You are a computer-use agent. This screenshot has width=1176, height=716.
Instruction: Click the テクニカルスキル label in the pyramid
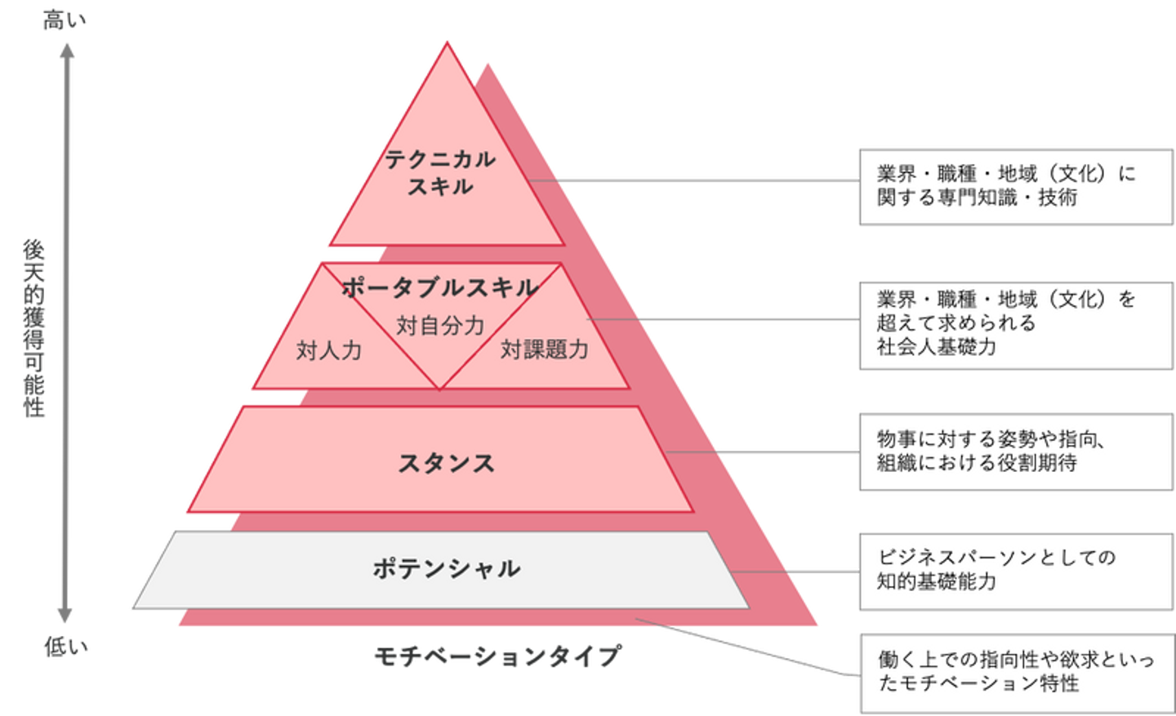pos(440,172)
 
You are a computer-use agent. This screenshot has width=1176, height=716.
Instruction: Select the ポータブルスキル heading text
pos(439,287)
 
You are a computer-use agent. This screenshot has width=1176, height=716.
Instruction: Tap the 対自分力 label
pos(440,326)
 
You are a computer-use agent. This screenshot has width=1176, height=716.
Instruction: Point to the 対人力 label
pos(328,351)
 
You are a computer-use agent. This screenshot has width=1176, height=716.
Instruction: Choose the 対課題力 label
pos(544,349)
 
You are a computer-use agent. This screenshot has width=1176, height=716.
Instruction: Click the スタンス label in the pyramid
pos(446,463)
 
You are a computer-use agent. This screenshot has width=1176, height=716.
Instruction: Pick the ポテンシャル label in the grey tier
pos(446,568)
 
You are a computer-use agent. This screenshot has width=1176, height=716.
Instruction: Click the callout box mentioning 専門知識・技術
pos(1015,186)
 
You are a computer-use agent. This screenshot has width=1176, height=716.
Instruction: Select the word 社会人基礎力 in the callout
pos(937,347)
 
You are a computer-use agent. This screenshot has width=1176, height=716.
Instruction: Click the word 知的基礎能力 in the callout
pos(937,581)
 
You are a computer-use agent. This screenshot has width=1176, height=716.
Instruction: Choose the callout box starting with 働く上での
pos(1015,672)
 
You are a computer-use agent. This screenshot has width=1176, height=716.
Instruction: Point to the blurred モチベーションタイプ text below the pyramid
pos(498,655)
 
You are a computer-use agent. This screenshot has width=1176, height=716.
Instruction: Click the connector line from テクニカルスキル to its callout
pos(702,179)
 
